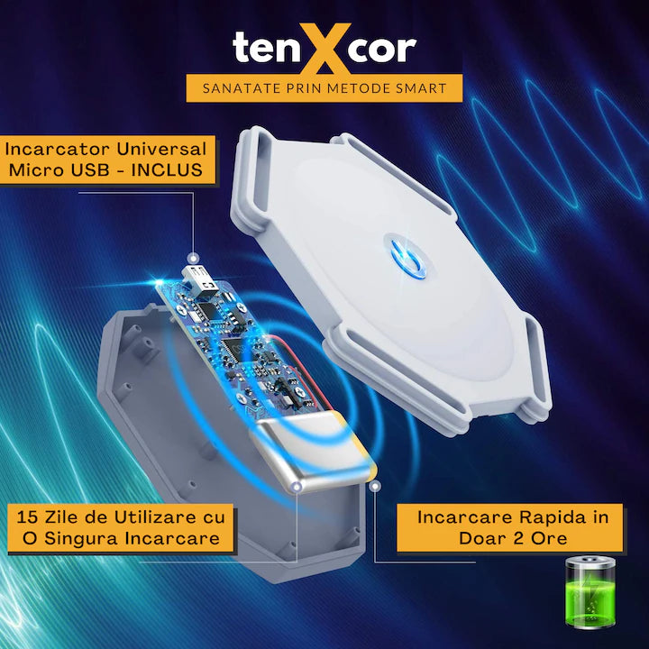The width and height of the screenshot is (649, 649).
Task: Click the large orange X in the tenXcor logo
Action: [x=324, y=49]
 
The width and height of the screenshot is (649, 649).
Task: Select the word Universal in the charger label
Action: [x=161, y=149]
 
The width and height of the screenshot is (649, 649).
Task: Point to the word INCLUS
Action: [x=167, y=170]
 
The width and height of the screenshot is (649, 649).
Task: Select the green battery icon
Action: [x=590, y=592]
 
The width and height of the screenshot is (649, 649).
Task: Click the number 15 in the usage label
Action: [x=28, y=517]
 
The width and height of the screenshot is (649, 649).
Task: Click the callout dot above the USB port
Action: [x=193, y=259]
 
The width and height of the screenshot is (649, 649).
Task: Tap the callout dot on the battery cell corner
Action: [x=297, y=487]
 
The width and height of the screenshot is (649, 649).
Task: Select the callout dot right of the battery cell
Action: [x=375, y=487]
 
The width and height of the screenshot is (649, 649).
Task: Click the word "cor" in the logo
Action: [x=384, y=50]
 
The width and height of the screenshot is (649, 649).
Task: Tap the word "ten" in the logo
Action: [x=266, y=48]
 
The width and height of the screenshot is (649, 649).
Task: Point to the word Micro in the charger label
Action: [x=35, y=170]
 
